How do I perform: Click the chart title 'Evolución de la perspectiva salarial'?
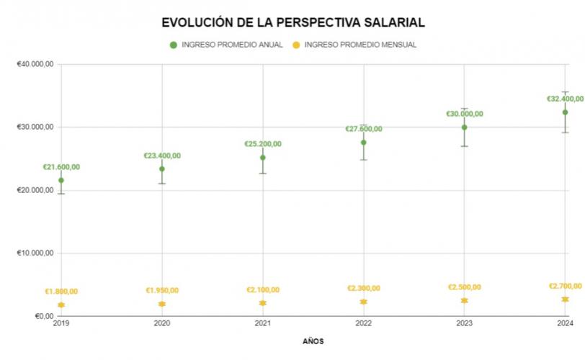coord(293,22)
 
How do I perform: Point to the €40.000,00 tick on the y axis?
coord(36,64)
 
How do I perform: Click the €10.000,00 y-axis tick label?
coord(36,253)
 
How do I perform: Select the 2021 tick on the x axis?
coord(263,324)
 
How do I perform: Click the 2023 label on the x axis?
coord(465,324)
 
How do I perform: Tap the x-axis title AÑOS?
coord(313,341)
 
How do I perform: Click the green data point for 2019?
coord(61,180)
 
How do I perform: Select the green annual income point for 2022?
coord(364,143)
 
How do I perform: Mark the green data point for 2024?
coord(566,112)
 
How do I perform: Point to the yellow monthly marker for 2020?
coord(162,304)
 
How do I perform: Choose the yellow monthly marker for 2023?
coord(465,300)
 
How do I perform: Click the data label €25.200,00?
coord(263,144)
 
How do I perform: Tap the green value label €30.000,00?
coord(465,114)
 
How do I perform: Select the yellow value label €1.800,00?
coord(61,292)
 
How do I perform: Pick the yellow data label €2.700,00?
coord(566,286)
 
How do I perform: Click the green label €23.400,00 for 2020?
coord(162,156)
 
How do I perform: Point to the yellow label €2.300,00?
coord(364,288)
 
